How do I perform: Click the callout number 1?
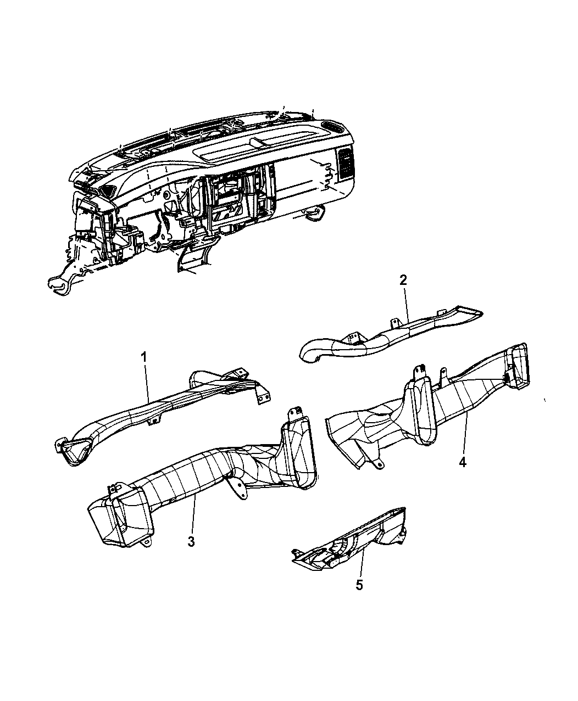click(x=144, y=357)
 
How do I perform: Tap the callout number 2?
click(x=403, y=280)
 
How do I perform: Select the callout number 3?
click(x=191, y=541)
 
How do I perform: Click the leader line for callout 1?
click(x=147, y=383)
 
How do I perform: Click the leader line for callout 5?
click(x=362, y=563)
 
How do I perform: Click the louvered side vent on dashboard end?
click(x=345, y=163)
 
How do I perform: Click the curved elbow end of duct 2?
click(x=312, y=351)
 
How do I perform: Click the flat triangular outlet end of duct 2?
click(x=464, y=313)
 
